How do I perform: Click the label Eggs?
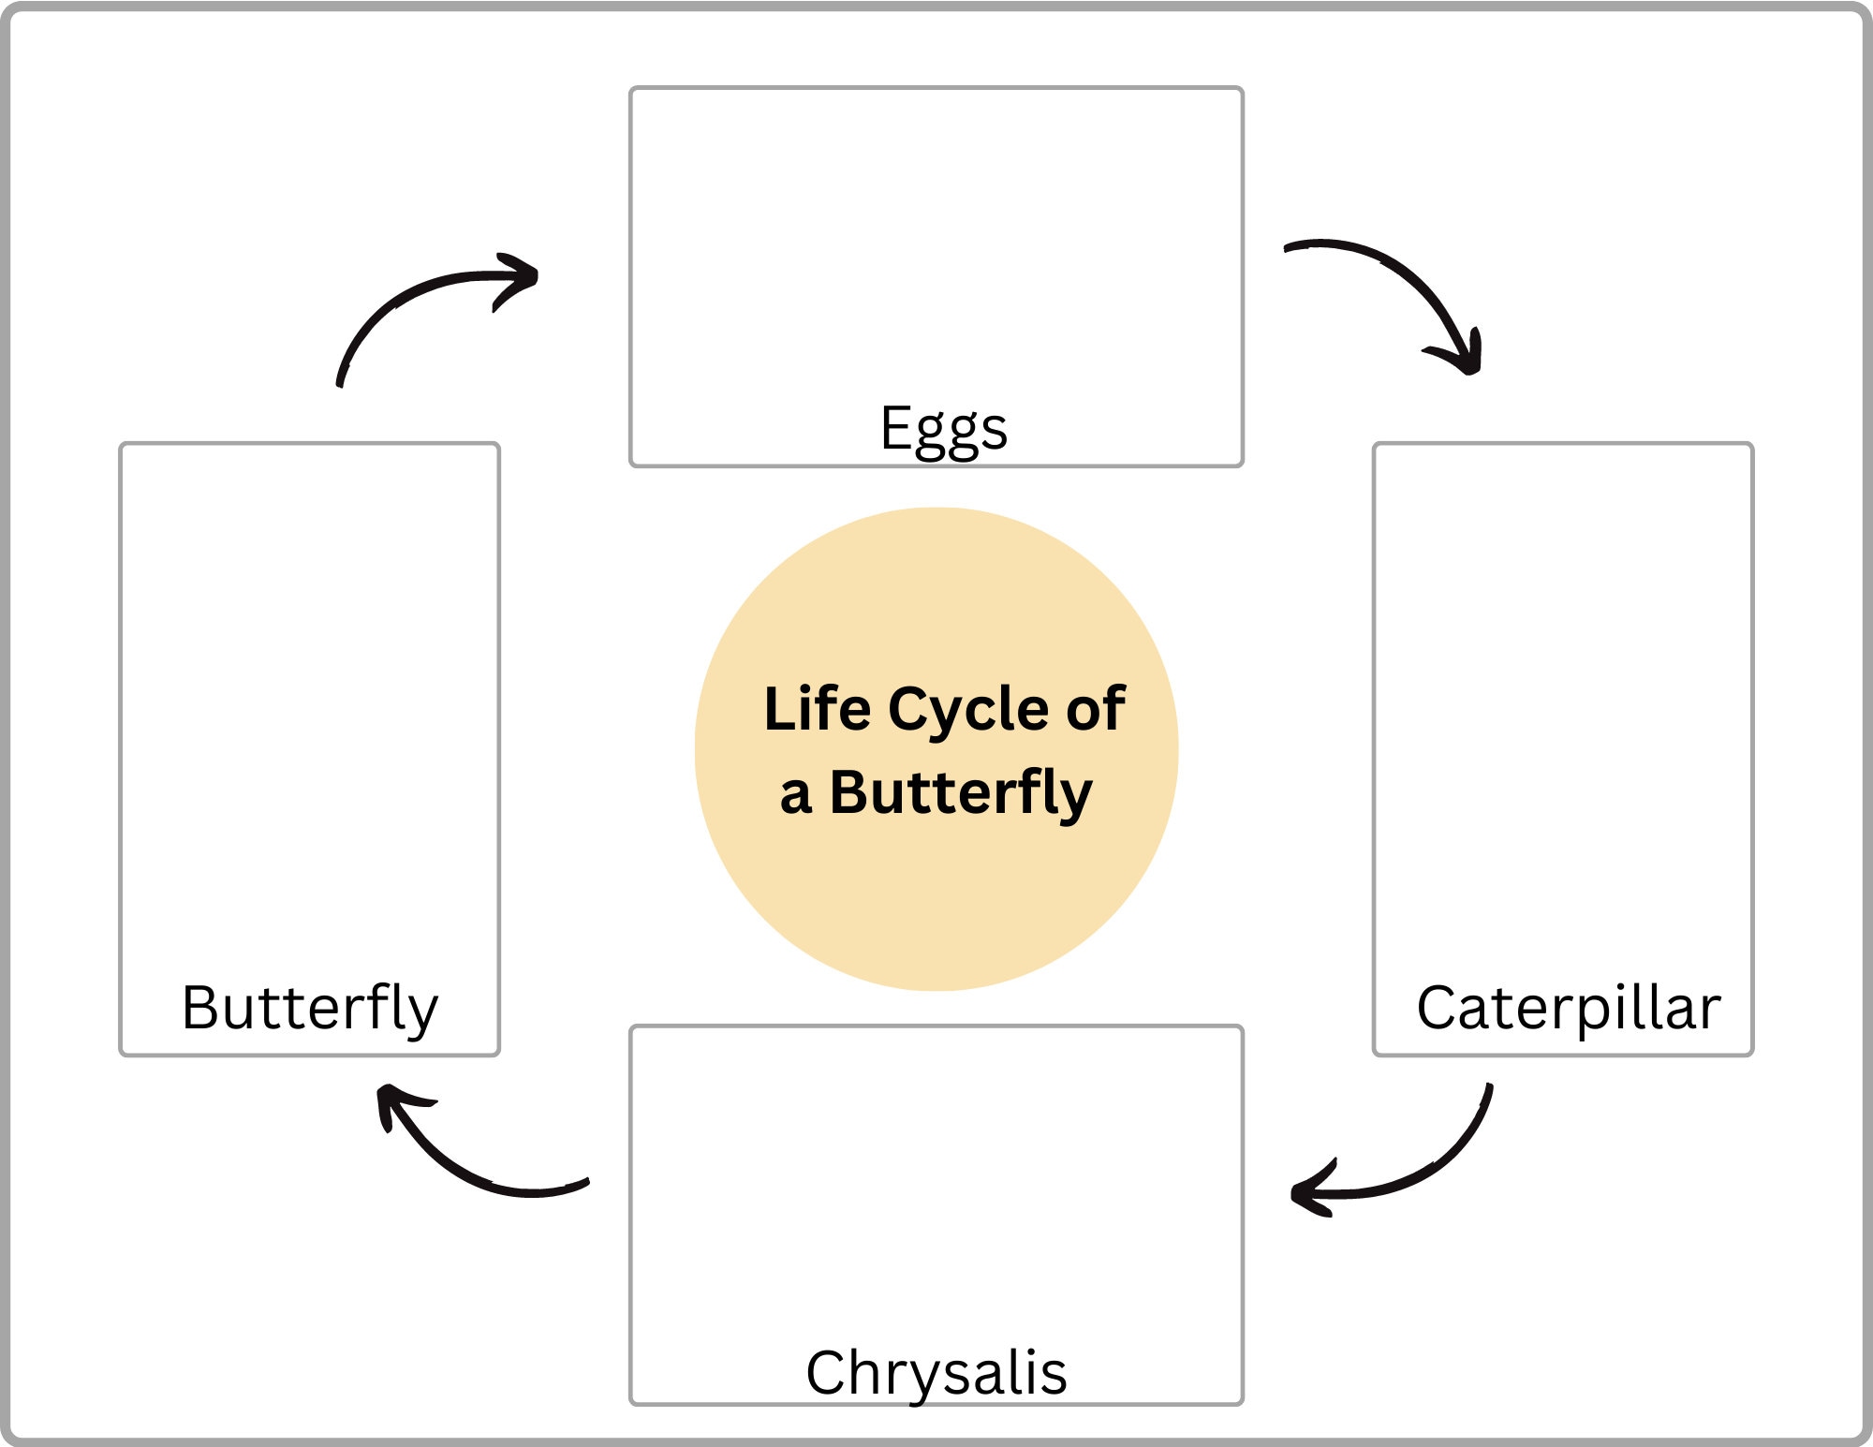pos(943,429)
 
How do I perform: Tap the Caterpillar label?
pos(1568,1008)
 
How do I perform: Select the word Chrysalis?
pos(936,1373)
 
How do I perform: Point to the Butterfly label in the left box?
pos(309,1008)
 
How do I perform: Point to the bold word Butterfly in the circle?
pos(961,793)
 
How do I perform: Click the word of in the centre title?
pos(1096,709)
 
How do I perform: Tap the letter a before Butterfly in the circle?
pos(795,795)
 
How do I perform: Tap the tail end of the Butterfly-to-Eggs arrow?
pos(340,380)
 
